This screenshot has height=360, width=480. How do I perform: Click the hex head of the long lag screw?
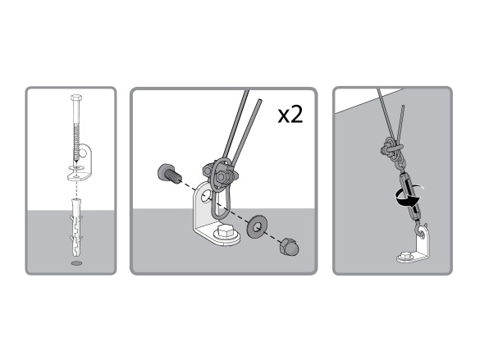click(75, 98)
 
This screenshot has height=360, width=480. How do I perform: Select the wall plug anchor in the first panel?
click(76, 228)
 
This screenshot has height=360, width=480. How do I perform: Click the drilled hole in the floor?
click(76, 263)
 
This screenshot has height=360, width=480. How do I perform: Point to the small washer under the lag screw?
click(76, 168)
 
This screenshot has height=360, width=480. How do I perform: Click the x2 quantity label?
click(290, 115)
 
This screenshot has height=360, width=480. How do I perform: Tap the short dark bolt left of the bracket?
click(169, 175)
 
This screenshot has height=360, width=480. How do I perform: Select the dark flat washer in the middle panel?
click(257, 226)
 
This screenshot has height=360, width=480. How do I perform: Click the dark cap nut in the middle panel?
click(289, 246)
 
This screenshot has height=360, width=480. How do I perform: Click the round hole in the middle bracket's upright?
click(205, 196)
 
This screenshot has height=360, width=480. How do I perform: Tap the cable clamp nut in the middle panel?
click(221, 176)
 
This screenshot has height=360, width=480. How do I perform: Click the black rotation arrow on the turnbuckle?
click(408, 198)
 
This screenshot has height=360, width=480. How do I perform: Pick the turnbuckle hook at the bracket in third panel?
click(420, 231)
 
